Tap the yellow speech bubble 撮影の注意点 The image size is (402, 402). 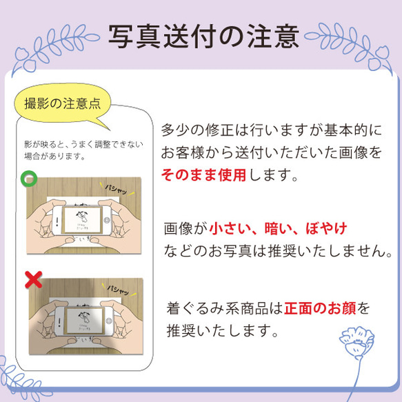coord(62,105)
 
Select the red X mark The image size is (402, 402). coord(31,280)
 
